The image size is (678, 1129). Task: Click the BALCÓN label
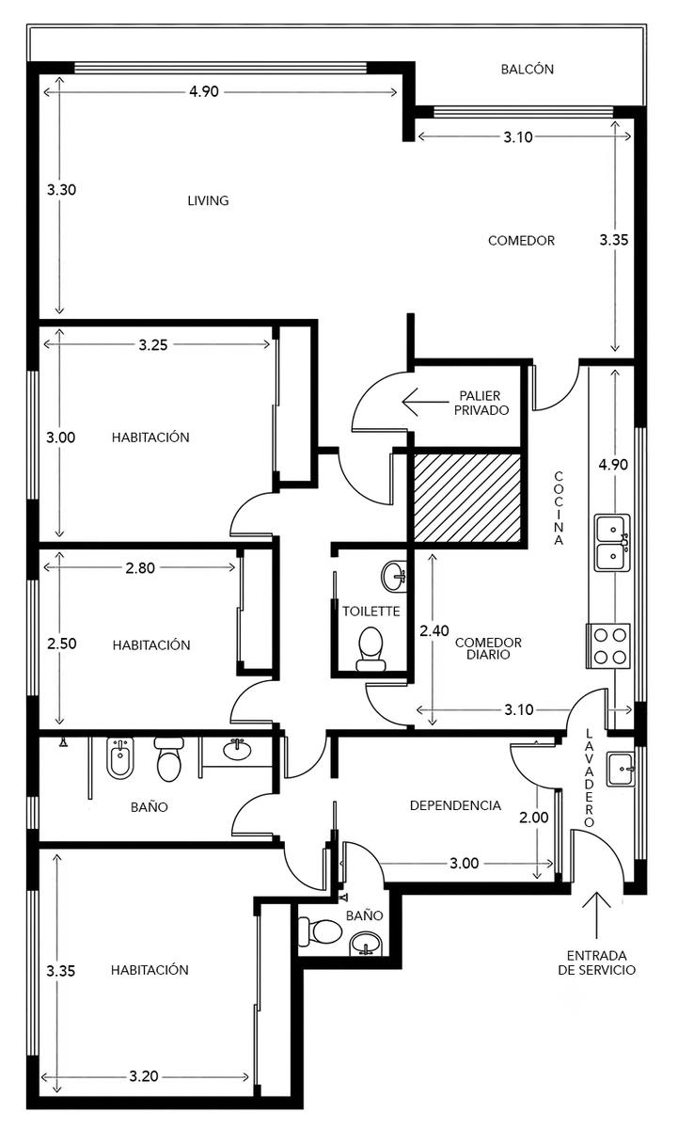[x=527, y=69]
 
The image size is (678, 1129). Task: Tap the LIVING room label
[x=208, y=200]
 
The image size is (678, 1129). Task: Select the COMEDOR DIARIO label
[x=488, y=648]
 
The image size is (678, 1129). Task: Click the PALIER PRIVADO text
[x=481, y=403]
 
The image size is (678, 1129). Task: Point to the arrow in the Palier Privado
[x=425, y=402]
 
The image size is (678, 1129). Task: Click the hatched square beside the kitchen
[x=467, y=498]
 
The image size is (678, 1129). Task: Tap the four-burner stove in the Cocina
[x=608, y=645]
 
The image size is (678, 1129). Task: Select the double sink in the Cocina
[x=612, y=542]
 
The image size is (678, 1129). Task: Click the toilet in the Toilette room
[x=371, y=650]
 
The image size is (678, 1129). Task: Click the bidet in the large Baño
[x=119, y=757]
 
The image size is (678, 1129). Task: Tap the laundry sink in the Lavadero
[x=621, y=770]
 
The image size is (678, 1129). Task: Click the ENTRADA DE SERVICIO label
[x=596, y=962]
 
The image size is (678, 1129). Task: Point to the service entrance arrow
[x=596, y=914]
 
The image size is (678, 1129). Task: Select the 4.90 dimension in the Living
[x=204, y=92]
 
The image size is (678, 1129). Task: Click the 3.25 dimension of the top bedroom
[x=153, y=344]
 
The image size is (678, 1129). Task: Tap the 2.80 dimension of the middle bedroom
[x=140, y=568]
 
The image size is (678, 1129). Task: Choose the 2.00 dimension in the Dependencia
[x=534, y=817]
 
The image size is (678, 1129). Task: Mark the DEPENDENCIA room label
[x=455, y=805]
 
